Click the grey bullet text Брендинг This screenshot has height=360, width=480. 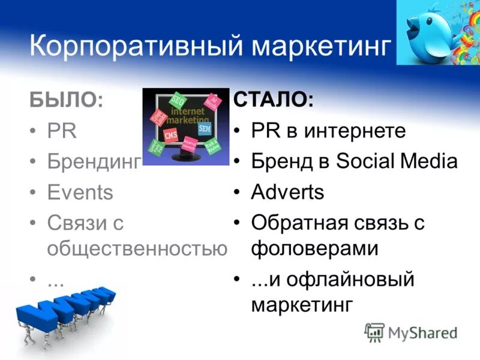click(x=94, y=162)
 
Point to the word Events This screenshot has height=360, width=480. click(x=80, y=193)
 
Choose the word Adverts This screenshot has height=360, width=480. click(x=287, y=193)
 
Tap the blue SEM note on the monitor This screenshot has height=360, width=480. click(x=205, y=128)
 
